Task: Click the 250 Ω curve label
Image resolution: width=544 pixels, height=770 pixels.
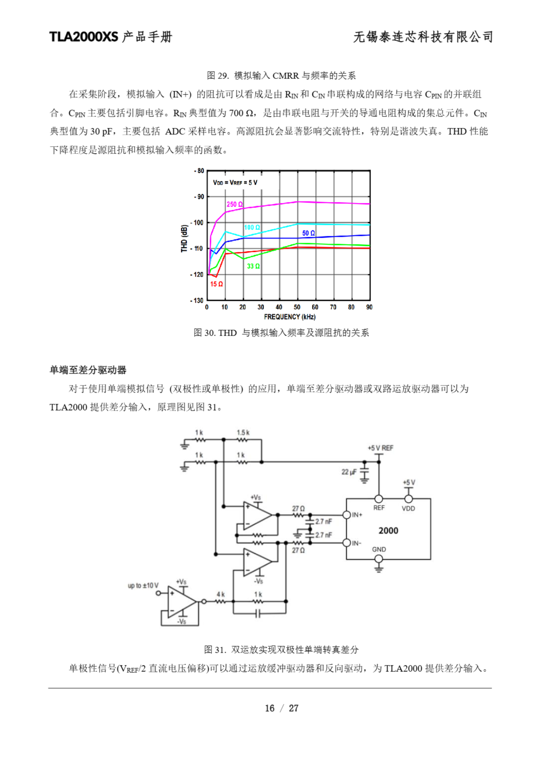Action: coord(234,204)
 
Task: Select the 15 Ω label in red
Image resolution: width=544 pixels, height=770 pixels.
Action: coord(216,284)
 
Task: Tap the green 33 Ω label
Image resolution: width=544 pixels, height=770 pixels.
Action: coord(253,266)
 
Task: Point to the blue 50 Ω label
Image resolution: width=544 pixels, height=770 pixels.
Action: coord(308,233)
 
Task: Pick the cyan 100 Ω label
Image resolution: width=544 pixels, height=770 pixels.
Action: coord(252,227)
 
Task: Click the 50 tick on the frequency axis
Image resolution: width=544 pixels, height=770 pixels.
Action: coord(297,307)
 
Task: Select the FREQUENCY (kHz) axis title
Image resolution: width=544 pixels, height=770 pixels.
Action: coord(290,317)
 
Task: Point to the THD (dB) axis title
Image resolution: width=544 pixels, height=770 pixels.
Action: coord(184,238)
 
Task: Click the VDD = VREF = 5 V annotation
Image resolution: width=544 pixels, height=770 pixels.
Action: coord(235,183)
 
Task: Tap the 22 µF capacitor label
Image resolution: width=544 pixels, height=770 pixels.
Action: coord(349,472)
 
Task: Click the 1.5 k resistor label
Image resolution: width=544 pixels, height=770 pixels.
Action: coord(243,433)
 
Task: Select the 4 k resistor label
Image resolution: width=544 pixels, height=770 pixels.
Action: coord(221,594)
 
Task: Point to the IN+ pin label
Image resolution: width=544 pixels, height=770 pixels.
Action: coord(357,515)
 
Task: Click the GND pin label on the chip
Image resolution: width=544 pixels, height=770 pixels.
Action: coord(379,549)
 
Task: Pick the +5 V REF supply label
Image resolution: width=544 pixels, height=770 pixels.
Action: coord(380,448)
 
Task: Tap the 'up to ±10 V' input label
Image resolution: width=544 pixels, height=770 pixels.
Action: coord(143,586)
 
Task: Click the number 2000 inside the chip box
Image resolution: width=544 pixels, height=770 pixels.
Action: coord(388,531)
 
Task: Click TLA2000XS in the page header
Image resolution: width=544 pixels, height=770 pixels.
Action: coord(84,37)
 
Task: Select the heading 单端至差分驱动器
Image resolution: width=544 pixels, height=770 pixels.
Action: coord(88,370)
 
